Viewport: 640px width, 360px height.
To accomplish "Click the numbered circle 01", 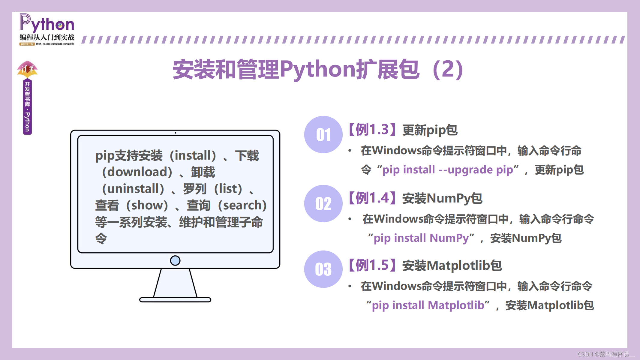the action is (x=323, y=135).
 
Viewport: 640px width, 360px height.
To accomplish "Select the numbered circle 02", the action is (x=323, y=204).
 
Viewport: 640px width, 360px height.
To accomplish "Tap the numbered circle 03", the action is (x=323, y=269).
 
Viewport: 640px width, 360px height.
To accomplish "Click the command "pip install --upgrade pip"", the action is (x=448, y=170).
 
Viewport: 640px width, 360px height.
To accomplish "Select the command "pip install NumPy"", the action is (x=421, y=238).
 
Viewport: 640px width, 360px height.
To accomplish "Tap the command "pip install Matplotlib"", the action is (x=428, y=305).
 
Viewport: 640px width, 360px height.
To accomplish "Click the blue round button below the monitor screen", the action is (x=175, y=260).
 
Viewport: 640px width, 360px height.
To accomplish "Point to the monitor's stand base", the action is (x=175, y=300).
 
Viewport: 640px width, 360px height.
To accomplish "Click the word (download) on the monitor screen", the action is (x=137, y=172).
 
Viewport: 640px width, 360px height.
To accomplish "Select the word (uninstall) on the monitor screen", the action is (x=133, y=189).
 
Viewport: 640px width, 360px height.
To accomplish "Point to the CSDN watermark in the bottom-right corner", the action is (x=606, y=354).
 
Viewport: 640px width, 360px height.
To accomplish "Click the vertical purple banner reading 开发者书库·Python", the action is (x=27, y=107).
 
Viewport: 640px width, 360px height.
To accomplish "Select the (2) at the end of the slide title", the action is (x=448, y=69).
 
